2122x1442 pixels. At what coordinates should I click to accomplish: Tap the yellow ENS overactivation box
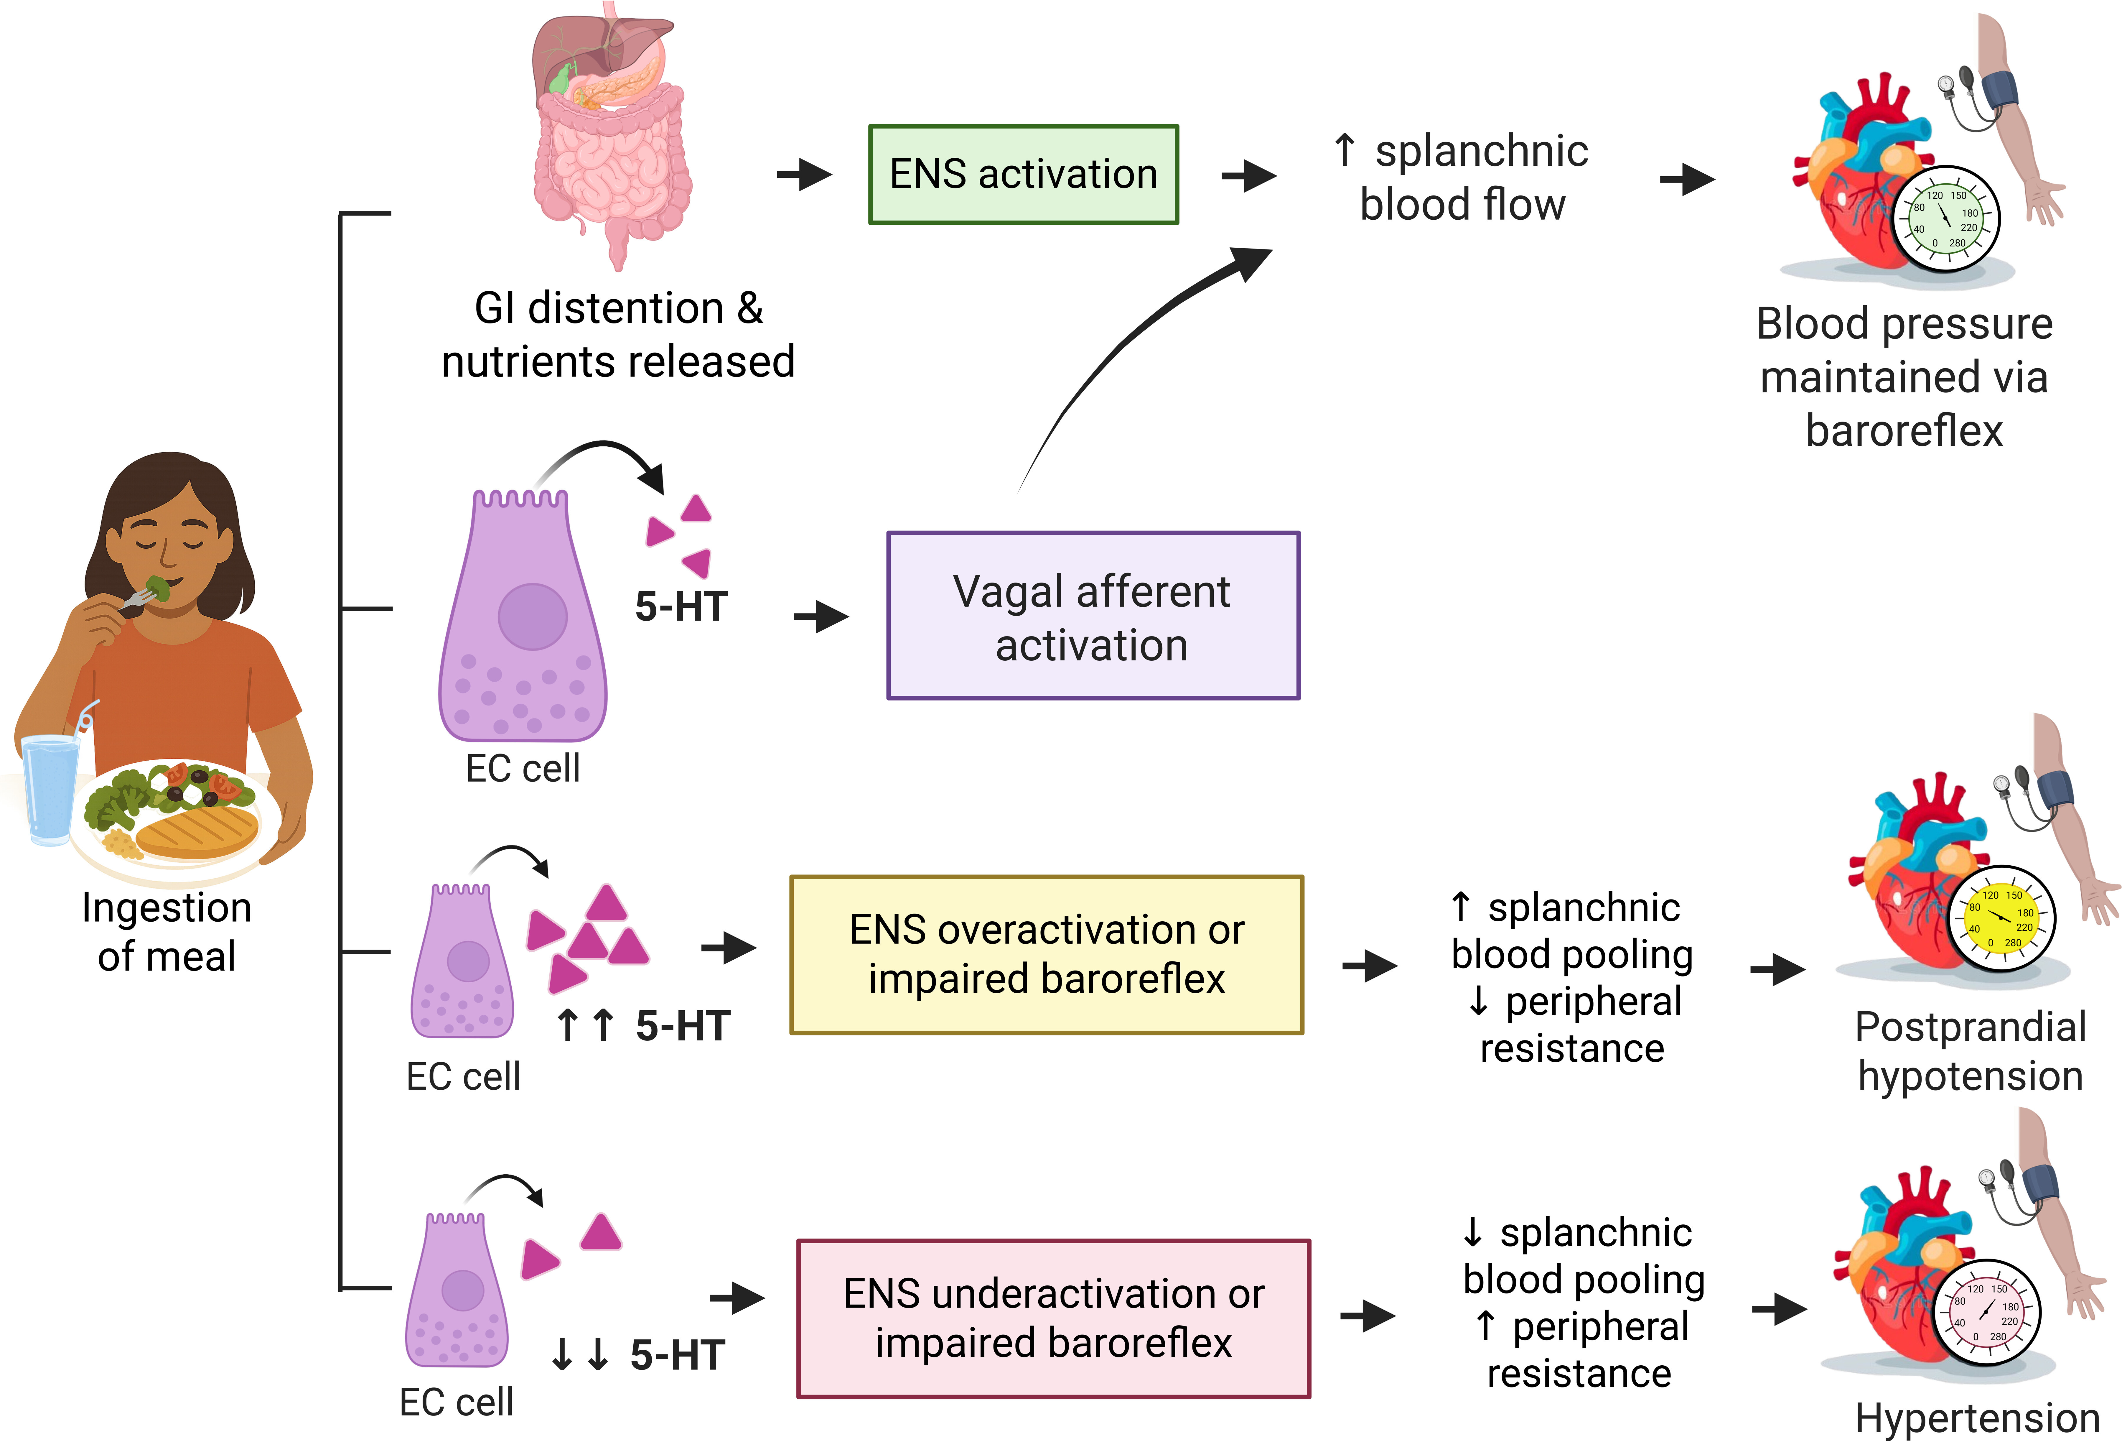[1046, 954]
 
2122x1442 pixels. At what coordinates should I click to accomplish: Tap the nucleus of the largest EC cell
[532, 616]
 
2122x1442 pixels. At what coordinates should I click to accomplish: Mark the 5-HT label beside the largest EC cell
[681, 606]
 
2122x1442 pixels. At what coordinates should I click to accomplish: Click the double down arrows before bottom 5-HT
[580, 1354]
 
